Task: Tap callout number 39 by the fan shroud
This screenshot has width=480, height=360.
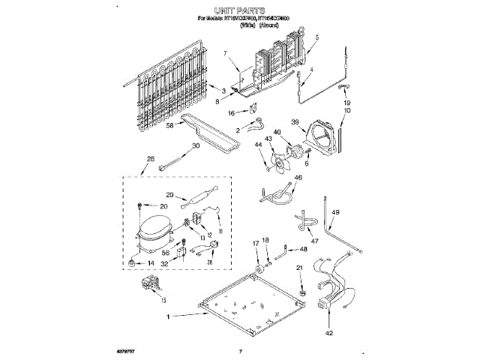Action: (295, 122)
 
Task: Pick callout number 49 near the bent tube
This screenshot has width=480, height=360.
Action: (336, 213)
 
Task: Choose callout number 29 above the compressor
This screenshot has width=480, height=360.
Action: (170, 195)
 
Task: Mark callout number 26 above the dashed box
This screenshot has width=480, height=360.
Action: (151, 159)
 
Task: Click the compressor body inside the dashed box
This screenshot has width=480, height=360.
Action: (155, 229)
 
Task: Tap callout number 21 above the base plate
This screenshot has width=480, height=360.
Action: (300, 268)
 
